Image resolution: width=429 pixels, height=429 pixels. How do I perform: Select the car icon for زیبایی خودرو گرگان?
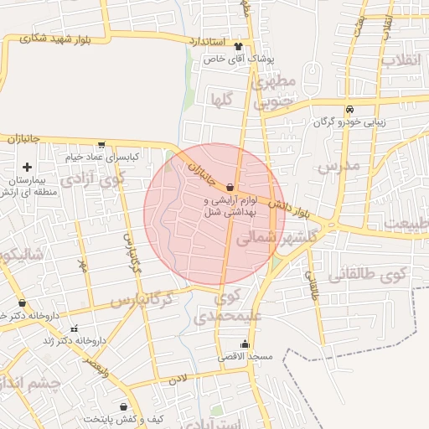349,109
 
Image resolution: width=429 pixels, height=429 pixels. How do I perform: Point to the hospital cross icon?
28,168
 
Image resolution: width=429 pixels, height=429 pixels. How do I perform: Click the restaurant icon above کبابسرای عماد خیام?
101,144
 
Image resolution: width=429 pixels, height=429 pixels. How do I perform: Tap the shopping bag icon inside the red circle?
230,188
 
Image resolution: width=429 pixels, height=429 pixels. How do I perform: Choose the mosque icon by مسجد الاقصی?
245,344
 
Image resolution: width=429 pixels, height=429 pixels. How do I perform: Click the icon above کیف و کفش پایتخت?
123,406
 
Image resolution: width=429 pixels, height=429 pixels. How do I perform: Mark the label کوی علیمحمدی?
227,307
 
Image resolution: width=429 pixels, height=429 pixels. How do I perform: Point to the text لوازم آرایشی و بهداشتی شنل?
230,207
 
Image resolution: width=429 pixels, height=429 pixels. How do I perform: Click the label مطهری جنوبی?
276,92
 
